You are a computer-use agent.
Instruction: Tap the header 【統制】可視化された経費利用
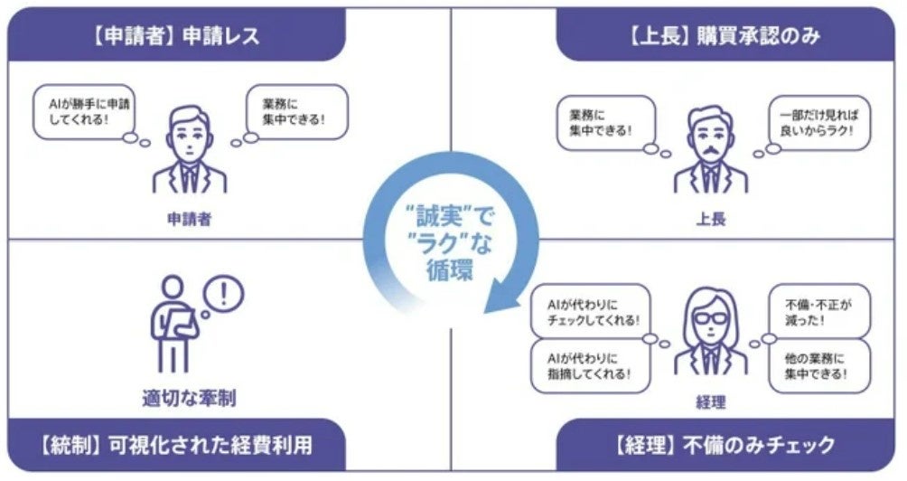pos(176,446)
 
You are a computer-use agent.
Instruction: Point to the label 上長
pos(711,218)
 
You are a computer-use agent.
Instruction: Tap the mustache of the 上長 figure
pos(711,149)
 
